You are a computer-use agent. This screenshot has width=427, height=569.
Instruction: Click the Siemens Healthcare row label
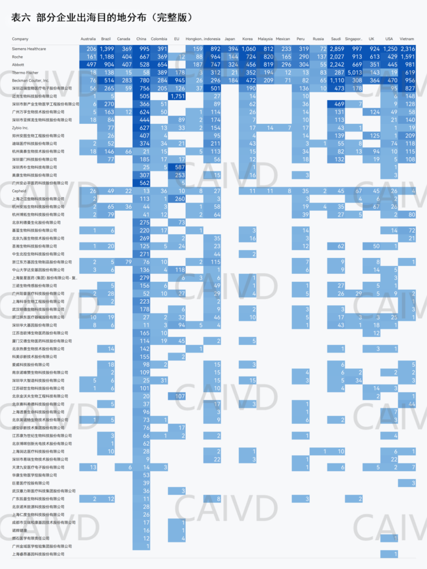coord(29,49)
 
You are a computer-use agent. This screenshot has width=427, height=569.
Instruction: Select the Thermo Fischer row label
coord(25,73)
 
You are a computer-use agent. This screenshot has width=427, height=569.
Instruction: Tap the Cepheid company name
coord(19,191)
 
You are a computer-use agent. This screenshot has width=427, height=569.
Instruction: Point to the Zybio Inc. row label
coord(20,128)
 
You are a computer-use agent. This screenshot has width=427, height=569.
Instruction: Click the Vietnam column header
coord(406,39)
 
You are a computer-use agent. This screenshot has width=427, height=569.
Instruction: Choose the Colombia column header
coord(159,39)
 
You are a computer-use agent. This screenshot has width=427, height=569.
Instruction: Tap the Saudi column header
coord(336,39)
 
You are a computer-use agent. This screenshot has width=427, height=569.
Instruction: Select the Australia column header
coord(88,39)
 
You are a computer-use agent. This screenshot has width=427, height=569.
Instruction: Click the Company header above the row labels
coord(20,39)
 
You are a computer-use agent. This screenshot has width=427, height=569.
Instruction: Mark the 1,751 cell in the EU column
coord(178,96)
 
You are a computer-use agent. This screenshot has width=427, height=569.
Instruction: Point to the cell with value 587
coord(179,167)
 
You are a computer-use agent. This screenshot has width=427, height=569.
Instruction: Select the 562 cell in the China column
coord(144,183)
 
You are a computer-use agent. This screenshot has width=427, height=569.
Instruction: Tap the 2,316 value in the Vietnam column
coord(408,49)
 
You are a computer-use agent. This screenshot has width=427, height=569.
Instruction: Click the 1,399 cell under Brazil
coord(106,49)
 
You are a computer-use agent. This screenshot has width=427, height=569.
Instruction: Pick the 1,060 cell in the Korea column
coord(248,49)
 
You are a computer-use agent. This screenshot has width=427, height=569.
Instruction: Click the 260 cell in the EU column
coord(179,199)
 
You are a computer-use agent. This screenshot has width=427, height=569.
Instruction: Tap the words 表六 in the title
coord(21,17)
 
